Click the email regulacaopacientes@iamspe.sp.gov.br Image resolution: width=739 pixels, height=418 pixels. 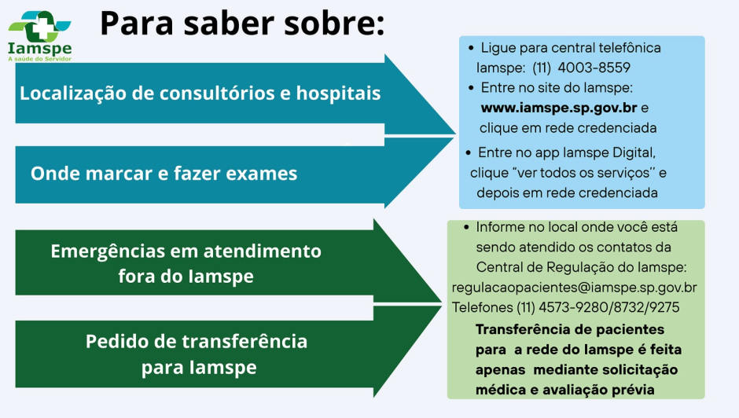574,288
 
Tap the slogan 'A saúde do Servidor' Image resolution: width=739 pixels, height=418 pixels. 39,58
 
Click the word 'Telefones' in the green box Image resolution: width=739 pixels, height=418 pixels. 481,307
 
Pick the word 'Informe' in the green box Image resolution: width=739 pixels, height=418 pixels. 500,227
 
